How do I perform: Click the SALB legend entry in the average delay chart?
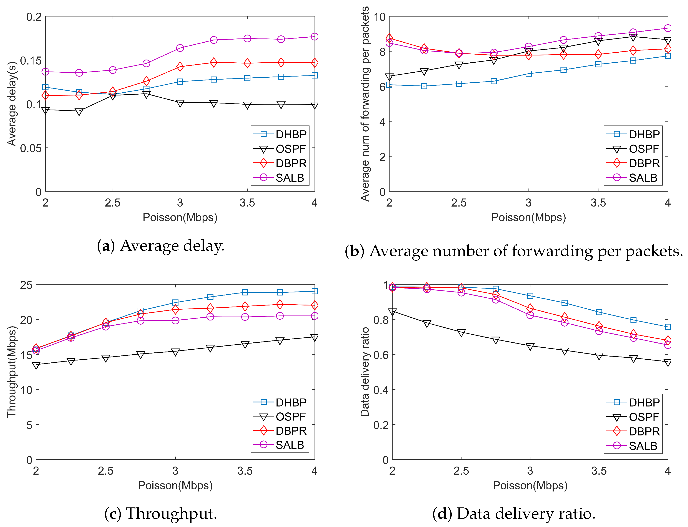[x=289, y=178]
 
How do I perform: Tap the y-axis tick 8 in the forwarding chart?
[x=382, y=52]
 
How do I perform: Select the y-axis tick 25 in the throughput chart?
[x=26, y=285]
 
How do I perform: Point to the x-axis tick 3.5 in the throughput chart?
[x=245, y=471]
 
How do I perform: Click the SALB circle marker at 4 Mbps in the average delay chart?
[x=315, y=37]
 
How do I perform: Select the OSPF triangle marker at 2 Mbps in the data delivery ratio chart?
[x=392, y=312]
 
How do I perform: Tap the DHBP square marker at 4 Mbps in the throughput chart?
[x=315, y=291]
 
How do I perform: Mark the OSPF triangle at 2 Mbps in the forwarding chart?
[x=389, y=77]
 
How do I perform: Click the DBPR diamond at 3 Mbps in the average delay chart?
[x=180, y=67]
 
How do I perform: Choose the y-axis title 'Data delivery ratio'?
[x=365, y=372]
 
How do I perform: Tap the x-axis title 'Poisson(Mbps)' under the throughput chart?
[x=175, y=486]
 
